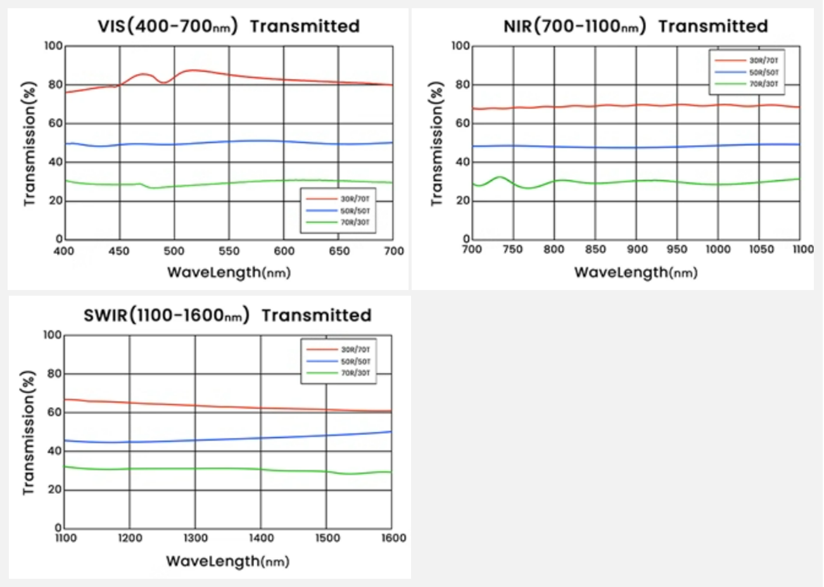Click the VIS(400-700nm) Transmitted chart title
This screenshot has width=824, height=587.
(x=228, y=26)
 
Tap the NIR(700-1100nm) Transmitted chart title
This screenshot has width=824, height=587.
(x=635, y=26)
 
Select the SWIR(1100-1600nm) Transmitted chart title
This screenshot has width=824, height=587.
(x=227, y=315)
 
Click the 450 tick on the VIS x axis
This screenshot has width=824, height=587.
(x=119, y=251)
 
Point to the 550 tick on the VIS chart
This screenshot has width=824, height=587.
(x=229, y=251)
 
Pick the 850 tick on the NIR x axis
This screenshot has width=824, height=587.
(x=595, y=249)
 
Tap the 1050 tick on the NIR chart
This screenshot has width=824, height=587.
(x=761, y=249)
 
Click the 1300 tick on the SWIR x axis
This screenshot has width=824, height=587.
(x=195, y=538)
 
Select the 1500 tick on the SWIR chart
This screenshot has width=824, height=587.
(x=326, y=538)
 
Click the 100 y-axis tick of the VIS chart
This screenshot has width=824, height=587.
(x=53, y=46)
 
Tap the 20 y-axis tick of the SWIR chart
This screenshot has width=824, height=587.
(x=55, y=489)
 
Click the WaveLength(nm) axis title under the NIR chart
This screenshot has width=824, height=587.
(x=636, y=272)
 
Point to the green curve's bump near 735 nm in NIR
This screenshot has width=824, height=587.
(x=500, y=177)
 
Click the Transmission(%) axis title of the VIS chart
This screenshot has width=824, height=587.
(x=29, y=144)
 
